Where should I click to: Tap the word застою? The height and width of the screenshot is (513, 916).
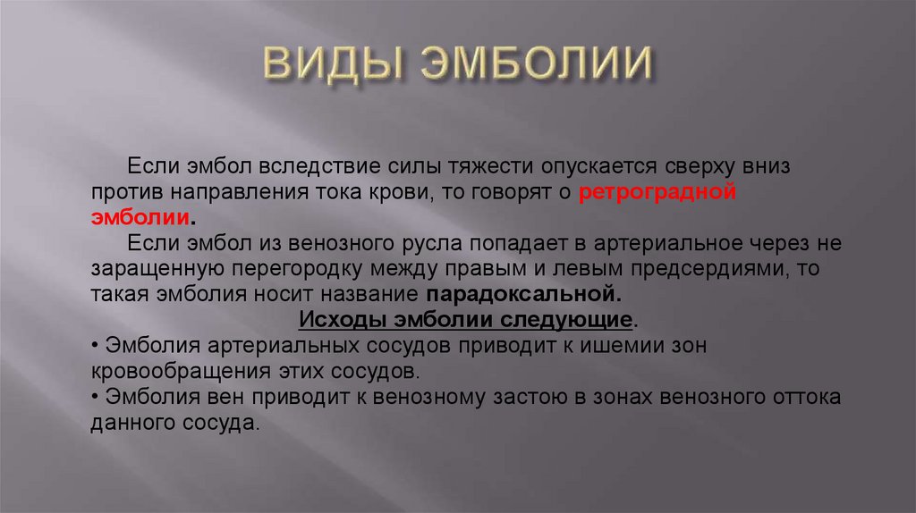click(512, 396)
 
